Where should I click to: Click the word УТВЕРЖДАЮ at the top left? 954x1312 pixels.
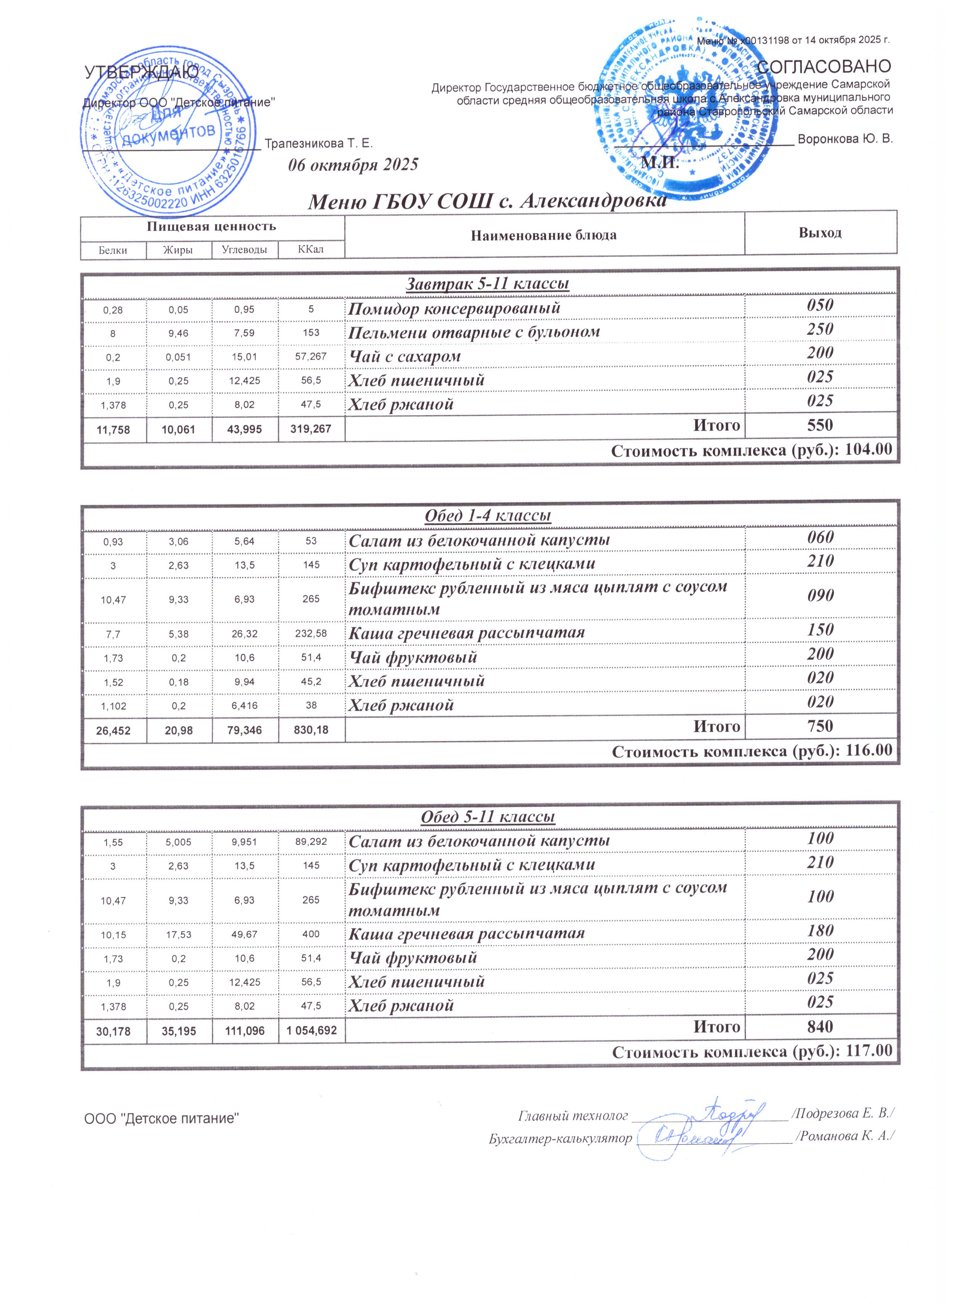click(x=142, y=72)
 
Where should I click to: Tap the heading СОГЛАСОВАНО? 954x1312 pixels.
click(x=824, y=66)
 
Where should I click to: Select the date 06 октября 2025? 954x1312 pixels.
click(x=353, y=165)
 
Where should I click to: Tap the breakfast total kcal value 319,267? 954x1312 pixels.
click(x=311, y=429)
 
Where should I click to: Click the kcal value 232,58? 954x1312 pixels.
click(x=311, y=634)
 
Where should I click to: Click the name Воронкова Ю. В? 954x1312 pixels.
click(x=845, y=139)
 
